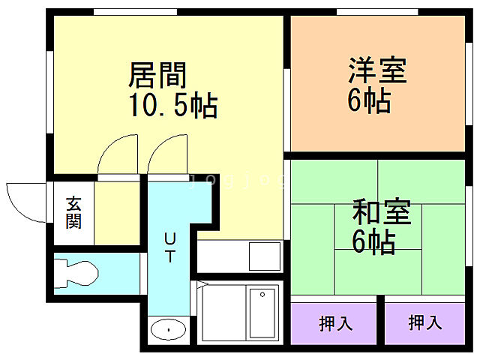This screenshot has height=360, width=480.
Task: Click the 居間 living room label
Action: coord(157,76)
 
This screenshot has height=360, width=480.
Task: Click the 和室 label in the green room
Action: coord(382,212)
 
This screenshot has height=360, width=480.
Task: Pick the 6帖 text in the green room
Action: coord(373,241)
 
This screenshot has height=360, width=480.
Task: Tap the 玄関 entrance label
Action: coord(73,211)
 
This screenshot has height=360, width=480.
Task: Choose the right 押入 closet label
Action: coord(425,323)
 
